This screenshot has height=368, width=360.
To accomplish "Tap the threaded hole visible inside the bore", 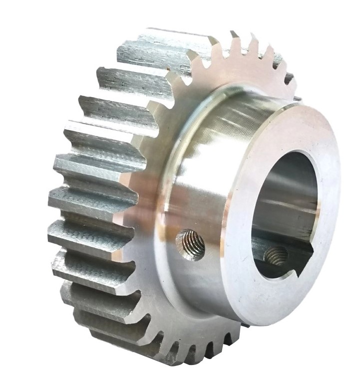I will click(x=274, y=256).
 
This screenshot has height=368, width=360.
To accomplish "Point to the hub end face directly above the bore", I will click(x=295, y=127).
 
